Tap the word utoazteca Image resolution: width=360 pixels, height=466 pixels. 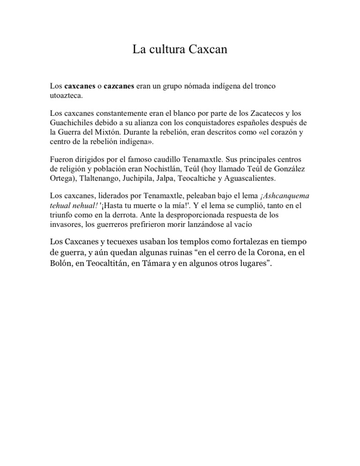(x=66, y=96)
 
